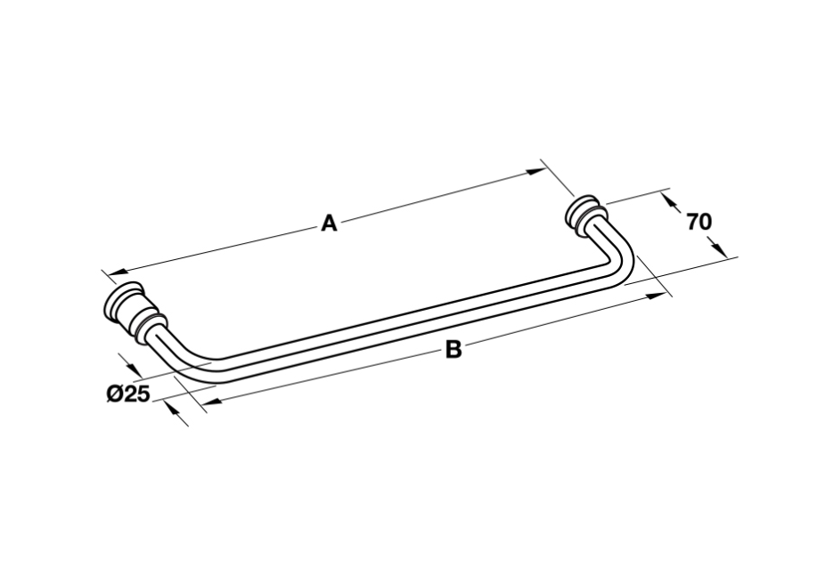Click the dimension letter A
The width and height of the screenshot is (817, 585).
pyautogui.click(x=330, y=223)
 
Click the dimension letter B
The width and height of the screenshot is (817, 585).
pyautogui.click(x=453, y=349)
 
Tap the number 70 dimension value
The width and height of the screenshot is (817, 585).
pyautogui.click(x=699, y=222)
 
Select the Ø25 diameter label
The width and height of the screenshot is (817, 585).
pyautogui.click(x=128, y=394)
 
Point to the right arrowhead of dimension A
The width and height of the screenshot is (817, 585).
pyautogui.click(x=535, y=171)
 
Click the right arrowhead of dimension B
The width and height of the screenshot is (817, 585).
pyautogui.click(x=657, y=296)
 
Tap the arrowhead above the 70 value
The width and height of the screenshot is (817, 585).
pyautogui.click(x=671, y=202)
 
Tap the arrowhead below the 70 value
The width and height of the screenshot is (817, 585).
pyautogui.click(x=717, y=247)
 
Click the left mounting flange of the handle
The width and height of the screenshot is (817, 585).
pyautogui.click(x=134, y=313)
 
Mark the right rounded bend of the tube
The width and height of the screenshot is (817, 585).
pyautogui.click(x=619, y=264)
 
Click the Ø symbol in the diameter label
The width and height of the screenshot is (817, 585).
pyautogui.click(x=115, y=394)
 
